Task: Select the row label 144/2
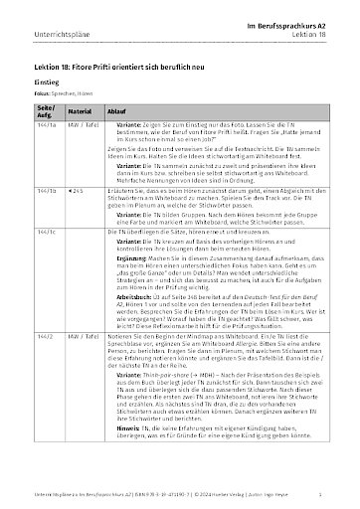point(45,365)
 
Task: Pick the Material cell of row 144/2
point(84,365)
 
